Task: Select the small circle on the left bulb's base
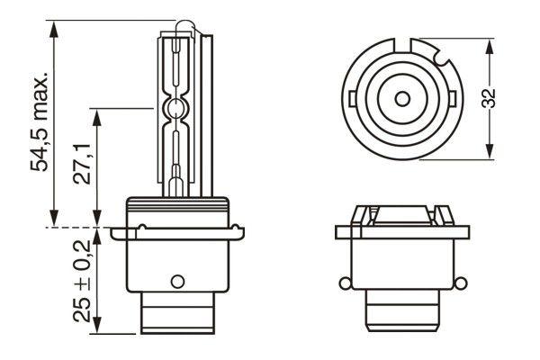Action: tap(176, 279)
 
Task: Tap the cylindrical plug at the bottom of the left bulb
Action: tap(176, 315)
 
